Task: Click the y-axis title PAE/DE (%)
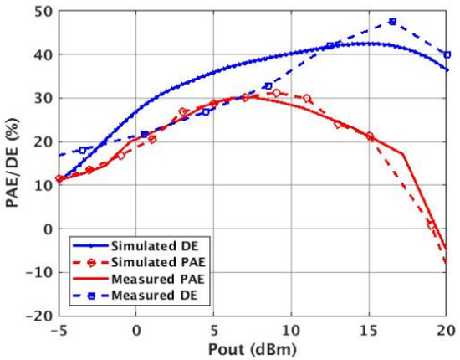(x=14, y=163)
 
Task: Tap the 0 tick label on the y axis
(x=43, y=229)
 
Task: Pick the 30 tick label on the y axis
(x=40, y=99)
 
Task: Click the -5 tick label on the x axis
(x=59, y=330)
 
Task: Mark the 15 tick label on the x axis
(x=369, y=330)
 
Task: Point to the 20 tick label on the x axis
(x=445, y=330)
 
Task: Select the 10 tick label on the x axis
(x=291, y=330)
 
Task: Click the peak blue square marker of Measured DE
(x=392, y=22)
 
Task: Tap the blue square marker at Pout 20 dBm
(x=447, y=54)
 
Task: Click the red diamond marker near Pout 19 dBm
(x=431, y=225)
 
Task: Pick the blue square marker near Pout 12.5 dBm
(x=330, y=45)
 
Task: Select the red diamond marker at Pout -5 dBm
(x=59, y=179)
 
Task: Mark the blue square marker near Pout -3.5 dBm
(x=82, y=151)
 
